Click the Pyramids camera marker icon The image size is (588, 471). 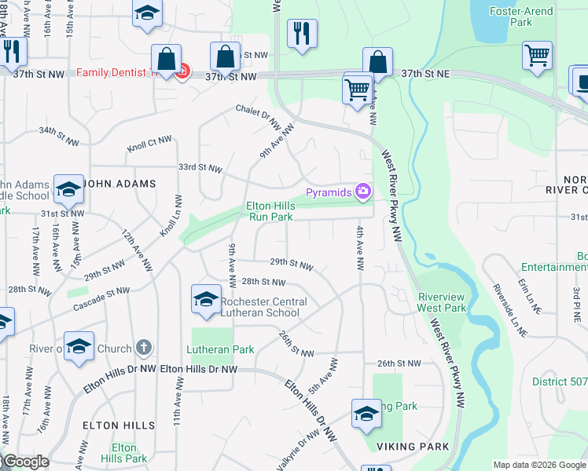(363, 191)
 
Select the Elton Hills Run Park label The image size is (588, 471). (270, 211)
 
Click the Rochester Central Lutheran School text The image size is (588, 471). (263, 307)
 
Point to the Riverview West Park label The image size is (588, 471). (443, 302)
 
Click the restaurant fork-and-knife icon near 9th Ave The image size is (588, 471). (302, 34)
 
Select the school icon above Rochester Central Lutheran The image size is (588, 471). (206, 299)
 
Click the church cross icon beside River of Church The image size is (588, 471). (143, 346)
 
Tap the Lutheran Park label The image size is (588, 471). (220, 349)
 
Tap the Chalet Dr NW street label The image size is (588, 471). (259, 115)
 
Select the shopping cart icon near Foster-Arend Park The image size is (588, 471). (538, 56)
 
